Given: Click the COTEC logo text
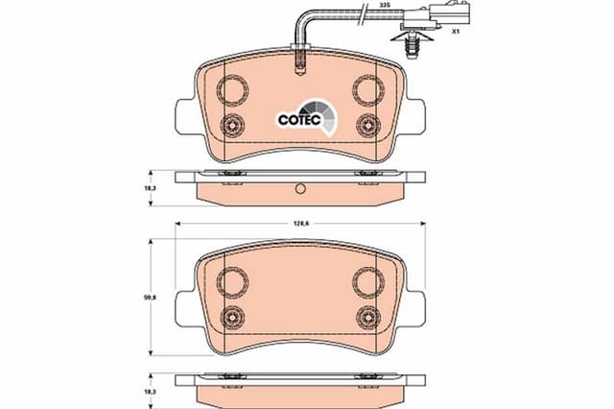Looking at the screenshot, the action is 299,119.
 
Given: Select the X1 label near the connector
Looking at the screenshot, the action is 455,32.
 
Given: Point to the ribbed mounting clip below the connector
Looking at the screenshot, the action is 412,45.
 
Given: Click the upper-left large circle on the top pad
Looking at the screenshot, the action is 232,90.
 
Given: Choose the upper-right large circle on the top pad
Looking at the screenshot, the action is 368,90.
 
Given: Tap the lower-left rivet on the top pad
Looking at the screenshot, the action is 232,126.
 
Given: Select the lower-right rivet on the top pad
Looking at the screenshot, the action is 368,126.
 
